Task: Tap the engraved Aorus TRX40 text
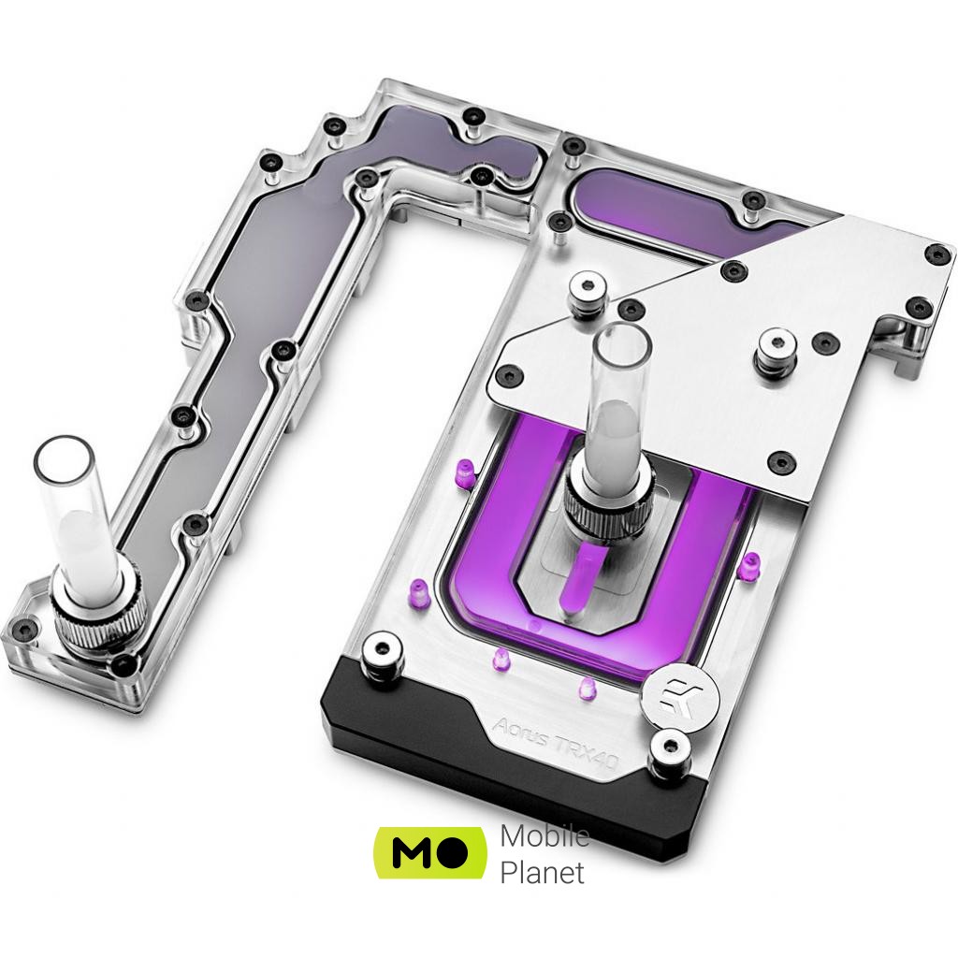tap(556, 741)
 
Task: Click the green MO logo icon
tap(430, 852)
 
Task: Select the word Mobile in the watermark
tap(544, 835)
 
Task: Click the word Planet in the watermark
tap(542, 873)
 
